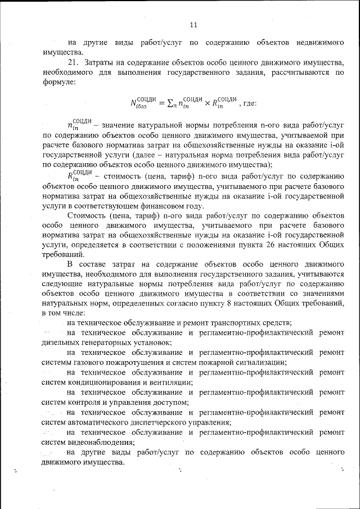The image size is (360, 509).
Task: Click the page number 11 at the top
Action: click(194, 24)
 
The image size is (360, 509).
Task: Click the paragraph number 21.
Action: click(73, 62)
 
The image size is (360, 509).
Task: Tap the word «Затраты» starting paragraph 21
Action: click(102, 62)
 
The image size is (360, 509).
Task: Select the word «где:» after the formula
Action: click(249, 103)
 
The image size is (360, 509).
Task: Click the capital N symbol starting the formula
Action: click(134, 103)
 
